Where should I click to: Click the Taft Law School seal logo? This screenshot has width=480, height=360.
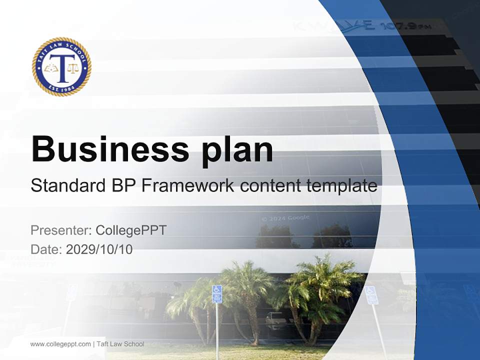pos(61,66)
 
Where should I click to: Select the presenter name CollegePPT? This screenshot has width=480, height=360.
pos(131,230)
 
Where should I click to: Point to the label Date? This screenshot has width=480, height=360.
pos(46,249)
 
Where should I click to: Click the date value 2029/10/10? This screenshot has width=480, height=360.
pos(99,249)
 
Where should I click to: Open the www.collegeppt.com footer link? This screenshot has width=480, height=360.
pos(60,344)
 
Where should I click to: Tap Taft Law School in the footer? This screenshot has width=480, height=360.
pos(120,344)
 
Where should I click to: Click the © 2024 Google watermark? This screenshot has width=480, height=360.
pos(285,218)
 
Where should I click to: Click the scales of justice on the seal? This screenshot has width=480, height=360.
pos(73,67)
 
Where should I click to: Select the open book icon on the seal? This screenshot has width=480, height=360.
pos(50,67)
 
